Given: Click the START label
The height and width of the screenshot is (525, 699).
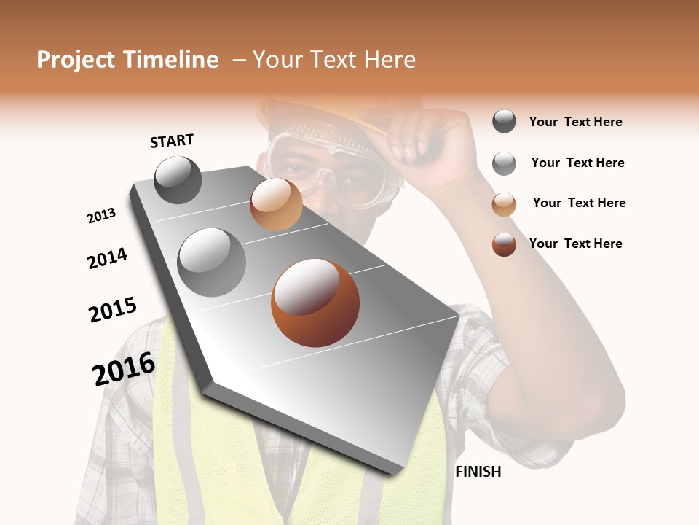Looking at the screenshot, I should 172,141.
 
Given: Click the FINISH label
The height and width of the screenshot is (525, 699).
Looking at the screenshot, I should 478,472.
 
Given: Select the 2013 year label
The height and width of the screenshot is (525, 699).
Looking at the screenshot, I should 101,216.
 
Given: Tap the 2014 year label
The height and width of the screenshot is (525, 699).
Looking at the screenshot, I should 107,259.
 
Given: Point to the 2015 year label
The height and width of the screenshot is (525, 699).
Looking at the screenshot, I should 113,310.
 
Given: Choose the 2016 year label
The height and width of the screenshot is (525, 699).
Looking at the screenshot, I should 124,369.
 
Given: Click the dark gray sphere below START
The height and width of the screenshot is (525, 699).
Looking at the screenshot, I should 178,179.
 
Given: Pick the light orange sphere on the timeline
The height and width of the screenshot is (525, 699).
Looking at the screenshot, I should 276,204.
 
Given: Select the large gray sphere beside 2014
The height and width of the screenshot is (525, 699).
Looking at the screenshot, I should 212,262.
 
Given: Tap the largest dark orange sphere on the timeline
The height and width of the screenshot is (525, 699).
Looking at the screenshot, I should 315,302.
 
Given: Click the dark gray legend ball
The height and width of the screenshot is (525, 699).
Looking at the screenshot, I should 504,121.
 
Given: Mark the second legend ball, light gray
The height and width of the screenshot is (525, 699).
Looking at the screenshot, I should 504,163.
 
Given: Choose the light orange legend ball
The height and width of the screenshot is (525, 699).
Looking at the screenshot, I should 504,204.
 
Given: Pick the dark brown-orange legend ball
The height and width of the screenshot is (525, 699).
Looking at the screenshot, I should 504,244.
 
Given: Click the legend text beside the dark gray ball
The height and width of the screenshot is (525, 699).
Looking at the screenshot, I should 575,122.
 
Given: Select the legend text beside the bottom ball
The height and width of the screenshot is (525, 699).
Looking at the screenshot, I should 575,244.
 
